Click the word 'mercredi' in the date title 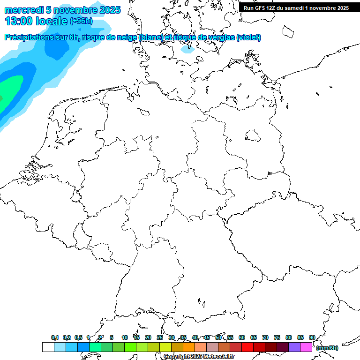coord(24,10)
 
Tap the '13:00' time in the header coord(18,21)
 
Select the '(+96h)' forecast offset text coord(81,21)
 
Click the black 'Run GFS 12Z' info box coord(296,7)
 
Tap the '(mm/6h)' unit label coord(327,348)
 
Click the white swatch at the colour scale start coord(48,347)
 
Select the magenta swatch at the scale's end coord(306,347)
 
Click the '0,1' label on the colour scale coord(54,337)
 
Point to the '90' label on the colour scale coord(312,337)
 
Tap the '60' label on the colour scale coord(242,337)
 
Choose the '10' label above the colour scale coord(125,337)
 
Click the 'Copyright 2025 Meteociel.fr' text coord(199,357)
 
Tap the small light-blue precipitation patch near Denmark coord(188,48)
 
